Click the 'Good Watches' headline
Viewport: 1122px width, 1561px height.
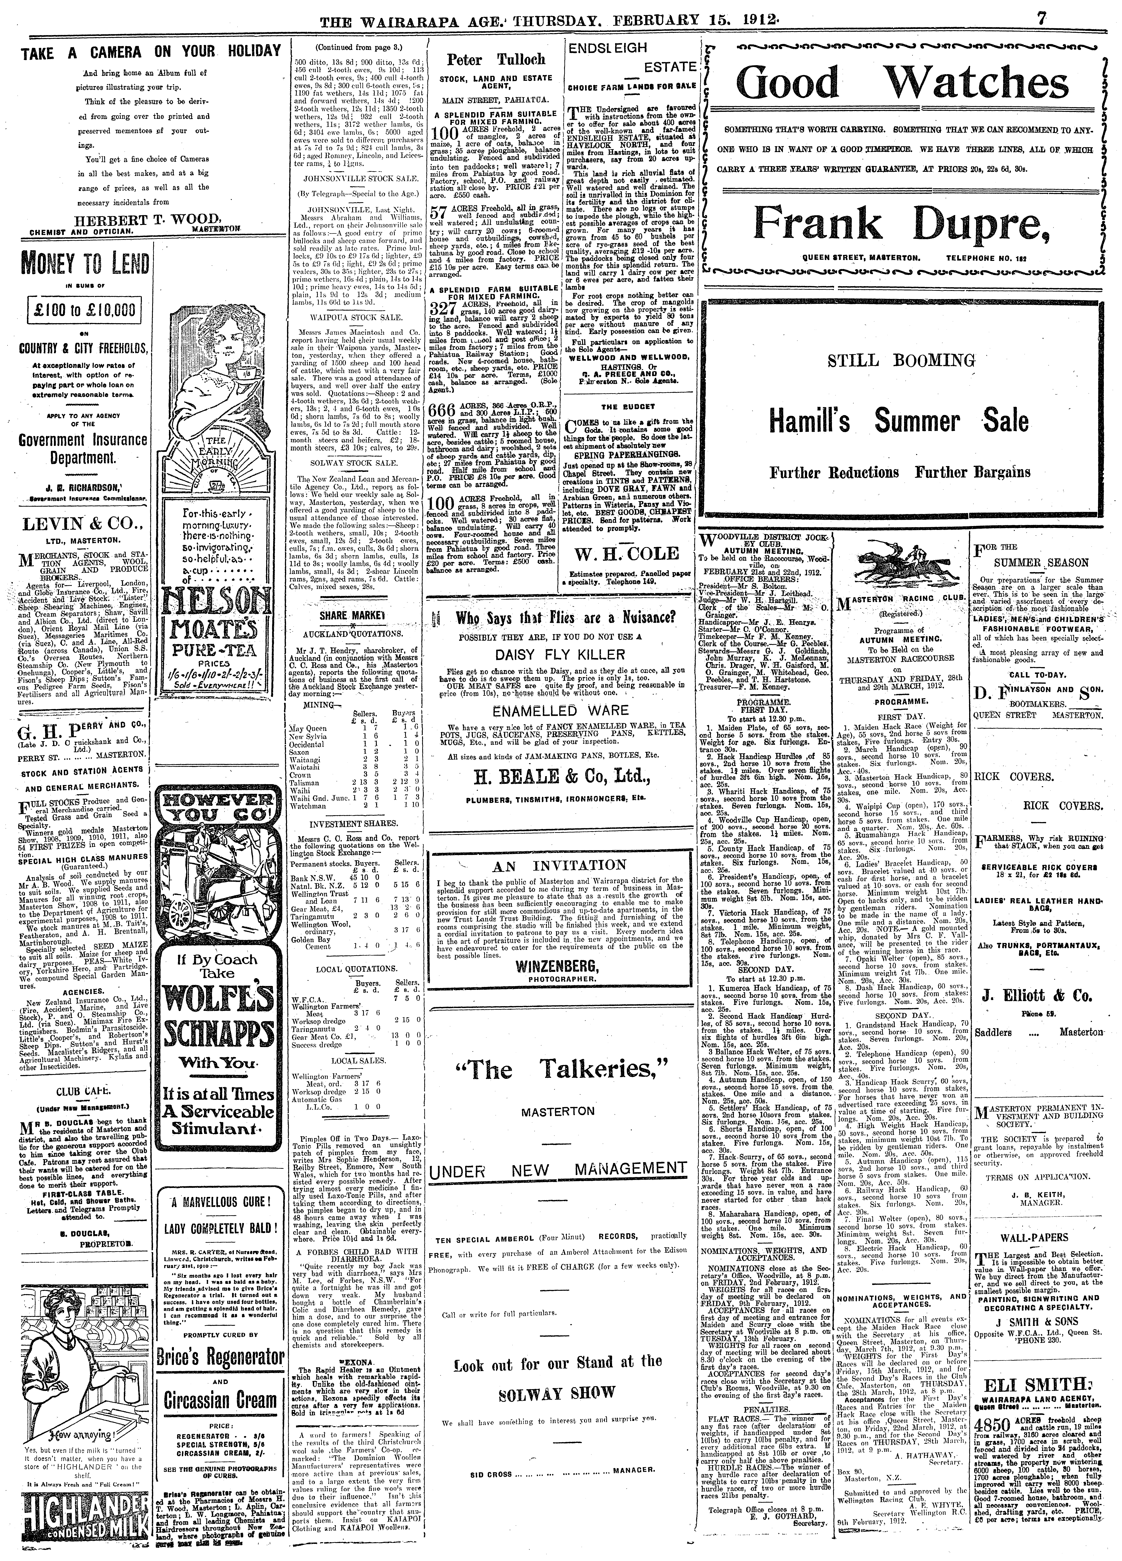[902, 84]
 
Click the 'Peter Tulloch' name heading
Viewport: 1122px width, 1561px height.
[495, 60]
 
